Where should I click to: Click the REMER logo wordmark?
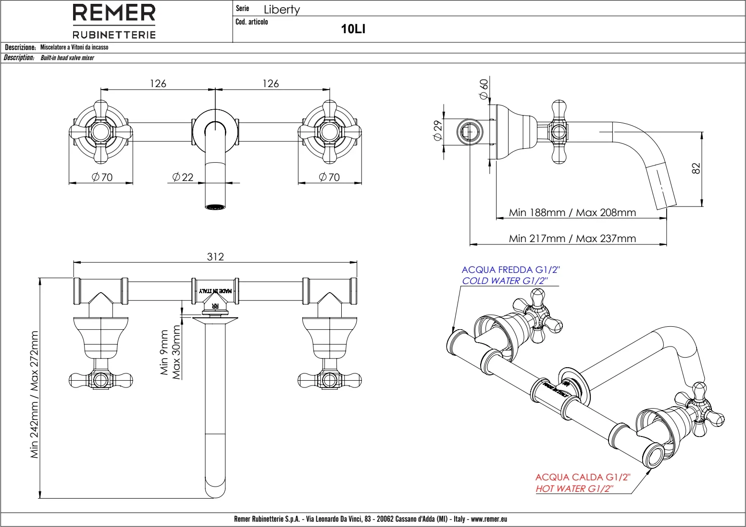[114, 13]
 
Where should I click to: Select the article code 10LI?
[353, 29]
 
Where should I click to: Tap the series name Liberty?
[282, 10]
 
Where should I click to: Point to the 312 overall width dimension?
[215, 257]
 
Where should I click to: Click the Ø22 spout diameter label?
[183, 177]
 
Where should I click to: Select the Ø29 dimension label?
[437, 130]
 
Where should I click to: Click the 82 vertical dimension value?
[696, 168]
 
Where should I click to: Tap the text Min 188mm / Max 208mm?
[572, 212]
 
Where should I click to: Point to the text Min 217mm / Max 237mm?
[572, 238]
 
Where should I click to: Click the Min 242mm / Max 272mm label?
[34, 394]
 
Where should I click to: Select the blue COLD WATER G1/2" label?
[505, 281]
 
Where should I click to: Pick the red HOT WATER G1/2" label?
[575, 489]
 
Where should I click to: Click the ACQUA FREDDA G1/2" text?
[510, 270]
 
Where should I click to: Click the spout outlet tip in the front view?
[215, 207]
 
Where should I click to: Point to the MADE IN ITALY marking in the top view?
[215, 291]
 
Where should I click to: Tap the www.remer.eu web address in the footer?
[489, 519]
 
